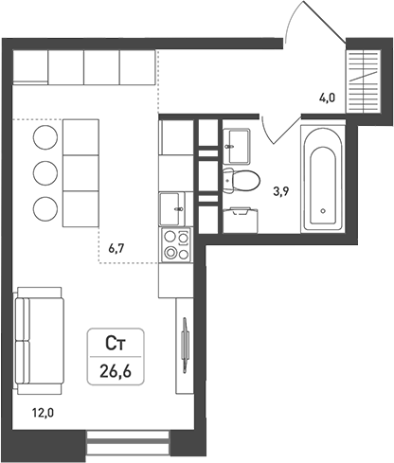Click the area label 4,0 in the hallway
coord(327,96)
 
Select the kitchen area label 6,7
coord(117,249)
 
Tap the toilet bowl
coord(243,179)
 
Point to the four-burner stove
coord(174,245)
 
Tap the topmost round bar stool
coord(44,139)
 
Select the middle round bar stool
coord(44,173)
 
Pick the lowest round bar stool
coord(44,207)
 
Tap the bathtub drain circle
coord(324,210)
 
